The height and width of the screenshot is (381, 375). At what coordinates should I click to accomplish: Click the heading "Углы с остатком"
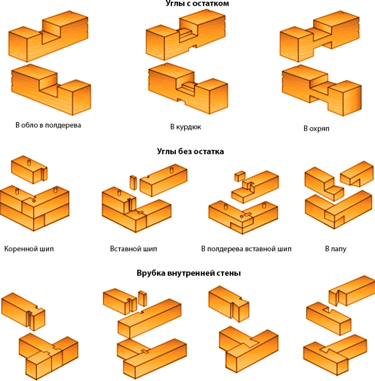tap(197, 4)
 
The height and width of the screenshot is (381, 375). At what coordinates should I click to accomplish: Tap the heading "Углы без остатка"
tap(190, 152)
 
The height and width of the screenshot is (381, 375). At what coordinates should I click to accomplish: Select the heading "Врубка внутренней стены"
tap(188, 273)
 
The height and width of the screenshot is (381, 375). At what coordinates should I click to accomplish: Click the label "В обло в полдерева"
tap(48, 125)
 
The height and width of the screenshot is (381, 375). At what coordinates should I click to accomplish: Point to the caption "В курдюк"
tap(186, 127)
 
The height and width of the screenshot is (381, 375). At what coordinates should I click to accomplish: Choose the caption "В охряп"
tap(316, 128)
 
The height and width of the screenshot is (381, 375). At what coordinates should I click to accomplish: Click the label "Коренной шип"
tap(29, 249)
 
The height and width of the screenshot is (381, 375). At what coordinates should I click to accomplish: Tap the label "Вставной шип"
tap(133, 249)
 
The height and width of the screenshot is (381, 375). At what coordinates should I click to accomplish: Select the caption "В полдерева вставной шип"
tap(246, 249)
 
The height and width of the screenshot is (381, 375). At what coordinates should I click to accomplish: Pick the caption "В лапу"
tap(336, 249)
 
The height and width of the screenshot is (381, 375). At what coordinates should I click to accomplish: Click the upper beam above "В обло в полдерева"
tap(48, 37)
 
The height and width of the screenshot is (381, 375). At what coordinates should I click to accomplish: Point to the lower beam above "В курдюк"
tap(188, 88)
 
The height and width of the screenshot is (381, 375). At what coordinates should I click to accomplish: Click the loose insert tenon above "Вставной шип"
tap(133, 182)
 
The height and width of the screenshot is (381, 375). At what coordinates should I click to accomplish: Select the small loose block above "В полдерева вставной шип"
tap(240, 176)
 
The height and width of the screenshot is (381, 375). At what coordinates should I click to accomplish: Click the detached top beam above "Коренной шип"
tap(29, 170)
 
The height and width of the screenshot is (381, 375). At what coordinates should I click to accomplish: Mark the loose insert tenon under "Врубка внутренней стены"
tap(142, 298)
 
